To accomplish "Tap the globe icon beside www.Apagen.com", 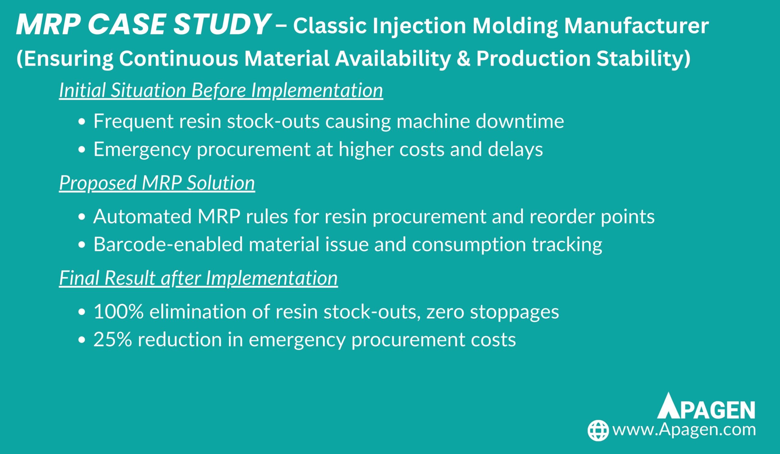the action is click(x=598, y=430).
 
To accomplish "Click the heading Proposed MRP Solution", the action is click(x=157, y=183).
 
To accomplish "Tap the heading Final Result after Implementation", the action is click(x=198, y=278).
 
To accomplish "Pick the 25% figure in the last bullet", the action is click(x=113, y=339).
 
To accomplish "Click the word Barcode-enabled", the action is click(x=168, y=244).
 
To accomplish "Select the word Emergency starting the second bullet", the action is click(x=142, y=150).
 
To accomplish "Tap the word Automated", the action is click(x=142, y=216).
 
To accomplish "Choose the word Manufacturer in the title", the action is click(x=636, y=26).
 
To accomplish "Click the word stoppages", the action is click(x=514, y=312).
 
